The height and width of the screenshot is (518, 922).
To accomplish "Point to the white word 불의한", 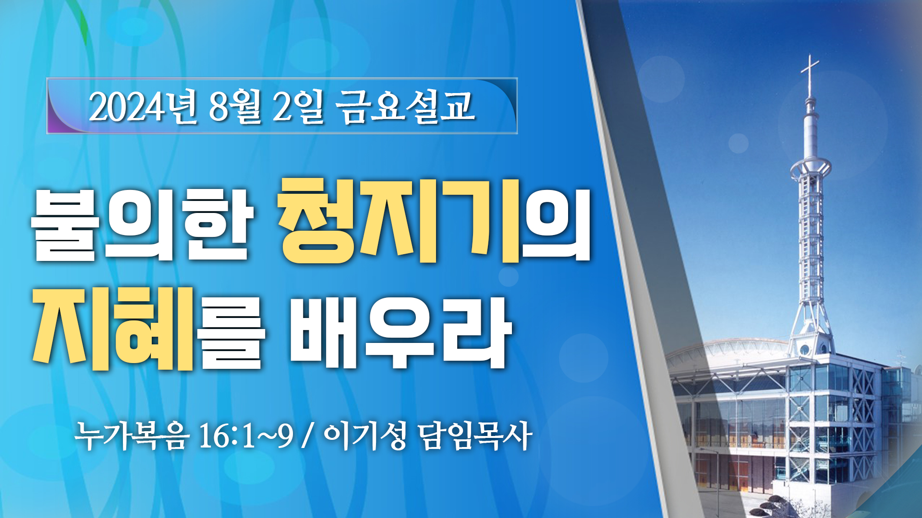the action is point(142,225).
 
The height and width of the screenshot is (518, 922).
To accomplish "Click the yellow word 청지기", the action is point(400,221).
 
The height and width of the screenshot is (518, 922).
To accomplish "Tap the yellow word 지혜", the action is point(113,328).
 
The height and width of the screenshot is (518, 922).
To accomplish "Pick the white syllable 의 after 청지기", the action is point(557,225).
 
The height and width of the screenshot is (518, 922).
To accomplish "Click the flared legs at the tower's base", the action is point(811,317).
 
